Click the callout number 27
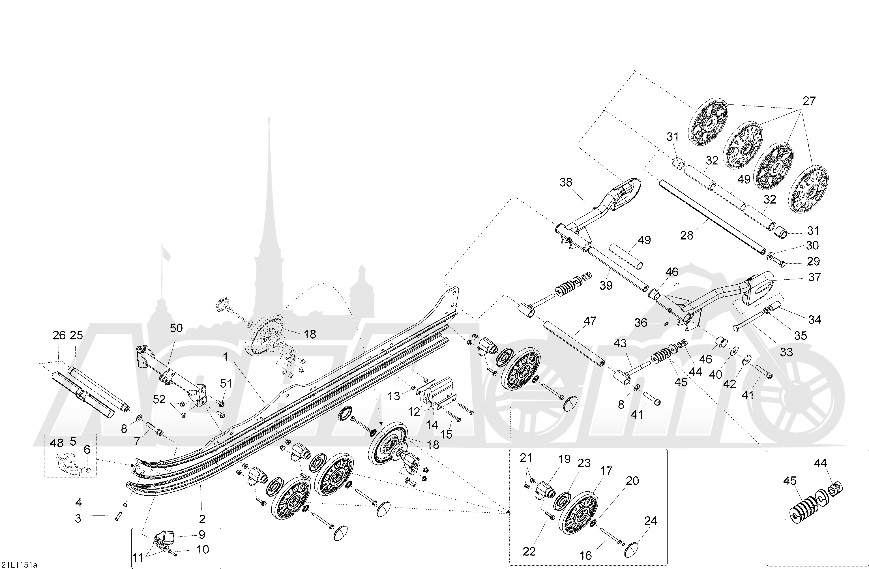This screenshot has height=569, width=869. pyautogui.click(x=809, y=101)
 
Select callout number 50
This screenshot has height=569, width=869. pyautogui.click(x=176, y=328)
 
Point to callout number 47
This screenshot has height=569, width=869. pyautogui.click(x=590, y=321)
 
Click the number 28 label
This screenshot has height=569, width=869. pyautogui.click(x=686, y=236)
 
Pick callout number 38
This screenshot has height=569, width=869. pyautogui.click(x=566, y=182)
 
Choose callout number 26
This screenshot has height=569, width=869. pyautogui.click(x=59, y=335)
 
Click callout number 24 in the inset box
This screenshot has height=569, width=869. pyautogui.click(x=650, y=521)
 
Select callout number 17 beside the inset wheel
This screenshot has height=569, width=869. pyautogui.click(x=606, y=471)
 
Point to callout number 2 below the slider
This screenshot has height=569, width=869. pyautogui.click(x=202, y=519)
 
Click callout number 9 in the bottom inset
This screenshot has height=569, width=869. pyautogui.click(x=201, y=535)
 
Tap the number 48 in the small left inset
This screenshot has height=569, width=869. pyautogui.click(x=57, y=443)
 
